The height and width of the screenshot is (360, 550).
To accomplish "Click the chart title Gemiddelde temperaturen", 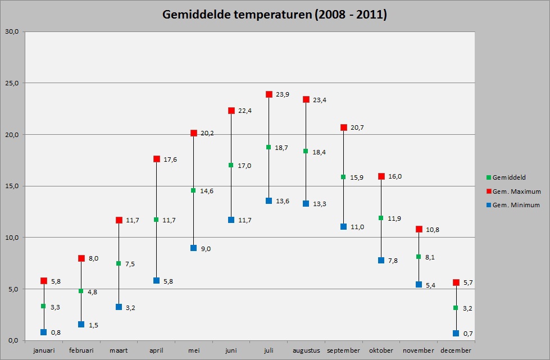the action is click(x=274, y=15).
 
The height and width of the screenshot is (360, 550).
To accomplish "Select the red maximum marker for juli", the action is click(x=269, y=94).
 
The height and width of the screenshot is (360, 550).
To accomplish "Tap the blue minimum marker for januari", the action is click(x=43, y=332).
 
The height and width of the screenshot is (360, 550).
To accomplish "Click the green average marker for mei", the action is click(x=193, y=191).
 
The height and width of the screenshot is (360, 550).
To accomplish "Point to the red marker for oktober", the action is click(x=381, y=176).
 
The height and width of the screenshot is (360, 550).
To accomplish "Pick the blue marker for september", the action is click(x=343, y=227).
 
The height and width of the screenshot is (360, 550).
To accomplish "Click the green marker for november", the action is click(x=419, y=257).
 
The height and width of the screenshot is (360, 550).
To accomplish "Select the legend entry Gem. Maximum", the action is click(x=513, y=192).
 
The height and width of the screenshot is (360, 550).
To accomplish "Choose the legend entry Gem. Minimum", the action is click(x=513, y=205).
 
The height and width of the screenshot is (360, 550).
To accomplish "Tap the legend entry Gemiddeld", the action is click(x=506, y=177).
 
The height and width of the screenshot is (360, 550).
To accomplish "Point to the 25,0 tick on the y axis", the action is click(x=12, y=83).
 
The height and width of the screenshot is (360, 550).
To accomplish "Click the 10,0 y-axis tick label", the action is click(x=12, y=238).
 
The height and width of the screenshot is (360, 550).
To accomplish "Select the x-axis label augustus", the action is click(x=306, y=350).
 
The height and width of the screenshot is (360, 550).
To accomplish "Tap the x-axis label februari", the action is click(x=81, y=350).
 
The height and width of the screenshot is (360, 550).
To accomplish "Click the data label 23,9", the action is click(x=283, y=95).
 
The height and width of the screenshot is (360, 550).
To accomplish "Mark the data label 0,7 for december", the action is click(x=468, y=334).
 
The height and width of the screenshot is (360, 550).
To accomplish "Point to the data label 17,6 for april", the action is click(x=170, y=160).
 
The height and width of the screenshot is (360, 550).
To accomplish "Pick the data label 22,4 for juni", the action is click(x=245, y=111).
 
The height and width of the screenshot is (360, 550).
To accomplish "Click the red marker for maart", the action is click(x=119, y=220).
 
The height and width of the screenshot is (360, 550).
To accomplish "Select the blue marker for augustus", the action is click(x=306, y=204).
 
